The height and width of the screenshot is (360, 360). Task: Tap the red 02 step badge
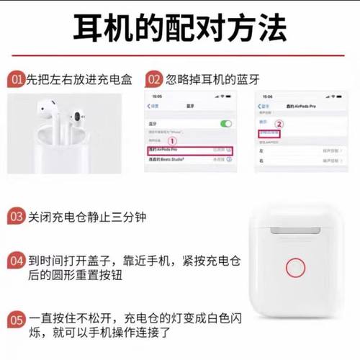click(x=154, y=79)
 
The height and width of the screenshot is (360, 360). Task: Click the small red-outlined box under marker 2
click(x=270, y=133)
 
